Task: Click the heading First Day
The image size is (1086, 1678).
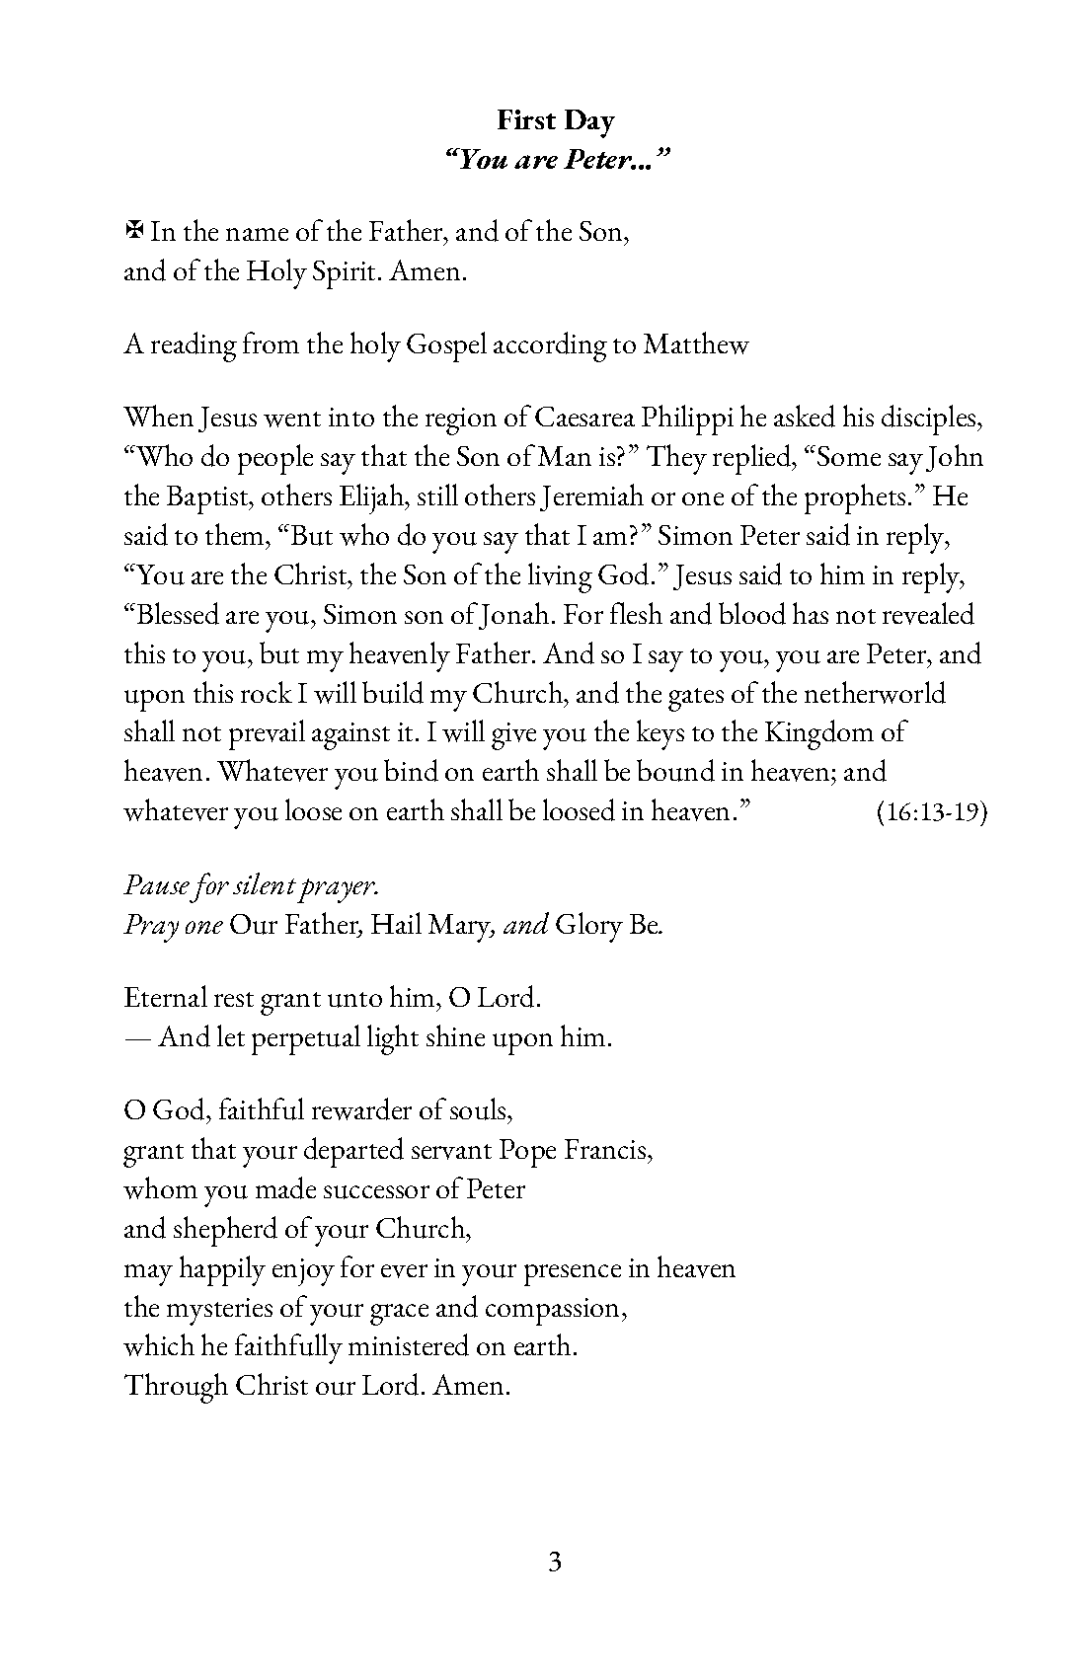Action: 555,120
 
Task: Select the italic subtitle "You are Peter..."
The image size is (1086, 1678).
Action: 556,160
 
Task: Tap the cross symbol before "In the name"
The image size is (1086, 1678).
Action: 134,232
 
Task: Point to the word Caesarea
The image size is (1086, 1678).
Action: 584,418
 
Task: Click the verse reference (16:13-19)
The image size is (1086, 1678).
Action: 932,812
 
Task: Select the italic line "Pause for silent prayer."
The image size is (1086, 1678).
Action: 251,885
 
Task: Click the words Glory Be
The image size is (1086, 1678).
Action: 609,926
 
